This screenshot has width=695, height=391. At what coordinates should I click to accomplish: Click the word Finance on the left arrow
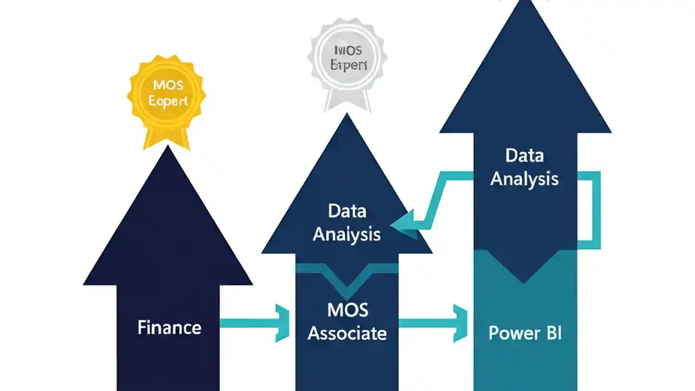(169, 327)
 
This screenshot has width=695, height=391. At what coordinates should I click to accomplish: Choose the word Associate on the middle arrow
(347, 333)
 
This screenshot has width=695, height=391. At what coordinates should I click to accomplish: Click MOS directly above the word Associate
(347, 311)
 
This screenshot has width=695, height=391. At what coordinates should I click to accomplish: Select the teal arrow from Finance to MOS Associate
(255, 323)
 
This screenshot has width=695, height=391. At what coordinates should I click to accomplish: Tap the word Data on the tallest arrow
(524, 156)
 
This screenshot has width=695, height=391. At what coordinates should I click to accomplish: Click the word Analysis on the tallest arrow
(524, 179)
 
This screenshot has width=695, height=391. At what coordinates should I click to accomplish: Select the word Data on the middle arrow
(347, 211)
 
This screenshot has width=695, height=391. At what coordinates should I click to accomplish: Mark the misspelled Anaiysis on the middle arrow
(347, 234)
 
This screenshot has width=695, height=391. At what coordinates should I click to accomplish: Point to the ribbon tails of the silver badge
(347, 100)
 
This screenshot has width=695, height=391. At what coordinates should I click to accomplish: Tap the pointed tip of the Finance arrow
(168, 149)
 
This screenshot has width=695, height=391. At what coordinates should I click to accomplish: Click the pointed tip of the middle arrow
(347, 116)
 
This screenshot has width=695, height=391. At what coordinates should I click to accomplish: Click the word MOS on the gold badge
(168, 85)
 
